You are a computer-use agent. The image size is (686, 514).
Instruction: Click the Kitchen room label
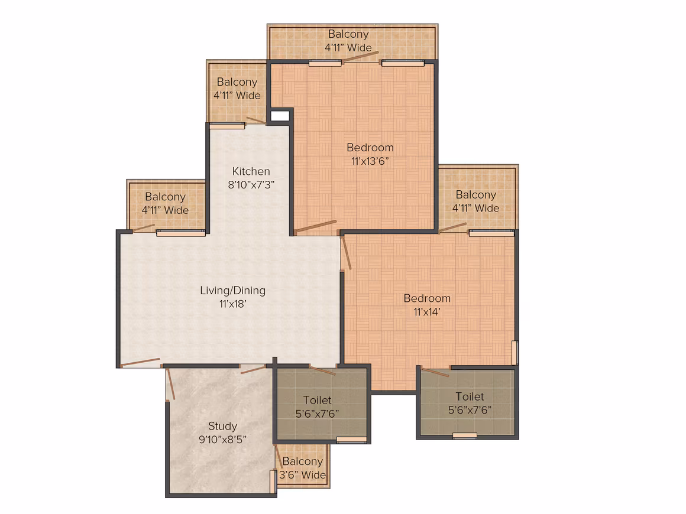(251, 171)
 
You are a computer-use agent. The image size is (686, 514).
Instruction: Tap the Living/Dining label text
(233, 291)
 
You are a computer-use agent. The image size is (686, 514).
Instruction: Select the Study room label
(223, 427)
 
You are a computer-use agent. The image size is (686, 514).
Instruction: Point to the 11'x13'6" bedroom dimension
(370, 161)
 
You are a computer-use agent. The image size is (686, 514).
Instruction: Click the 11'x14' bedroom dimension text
(427, 312)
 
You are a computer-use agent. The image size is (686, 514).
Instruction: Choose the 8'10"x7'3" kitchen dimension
(251, 184)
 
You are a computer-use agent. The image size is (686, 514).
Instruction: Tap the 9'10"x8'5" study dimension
(223, 440)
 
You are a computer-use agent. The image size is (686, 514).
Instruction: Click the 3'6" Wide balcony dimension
(302, 475)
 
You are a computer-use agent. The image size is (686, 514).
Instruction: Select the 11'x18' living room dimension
(233, 304)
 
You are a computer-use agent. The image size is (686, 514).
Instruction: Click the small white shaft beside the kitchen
(280, 116)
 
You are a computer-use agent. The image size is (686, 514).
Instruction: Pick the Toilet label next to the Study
(317, 401)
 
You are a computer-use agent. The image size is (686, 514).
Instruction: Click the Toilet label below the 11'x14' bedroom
(470, 397)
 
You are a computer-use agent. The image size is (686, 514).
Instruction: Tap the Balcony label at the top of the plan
(348, 34)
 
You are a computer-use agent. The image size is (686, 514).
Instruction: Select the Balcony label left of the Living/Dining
(166, 197)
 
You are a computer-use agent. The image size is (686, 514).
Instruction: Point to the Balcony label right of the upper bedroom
(476, 195)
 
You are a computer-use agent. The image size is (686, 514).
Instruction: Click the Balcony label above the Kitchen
(237, 82)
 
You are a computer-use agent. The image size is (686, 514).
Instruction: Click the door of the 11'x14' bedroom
(347, 252)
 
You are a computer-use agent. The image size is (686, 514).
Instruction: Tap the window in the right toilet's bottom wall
(465, 436)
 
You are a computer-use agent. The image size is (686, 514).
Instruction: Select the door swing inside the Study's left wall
(171, 384)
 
